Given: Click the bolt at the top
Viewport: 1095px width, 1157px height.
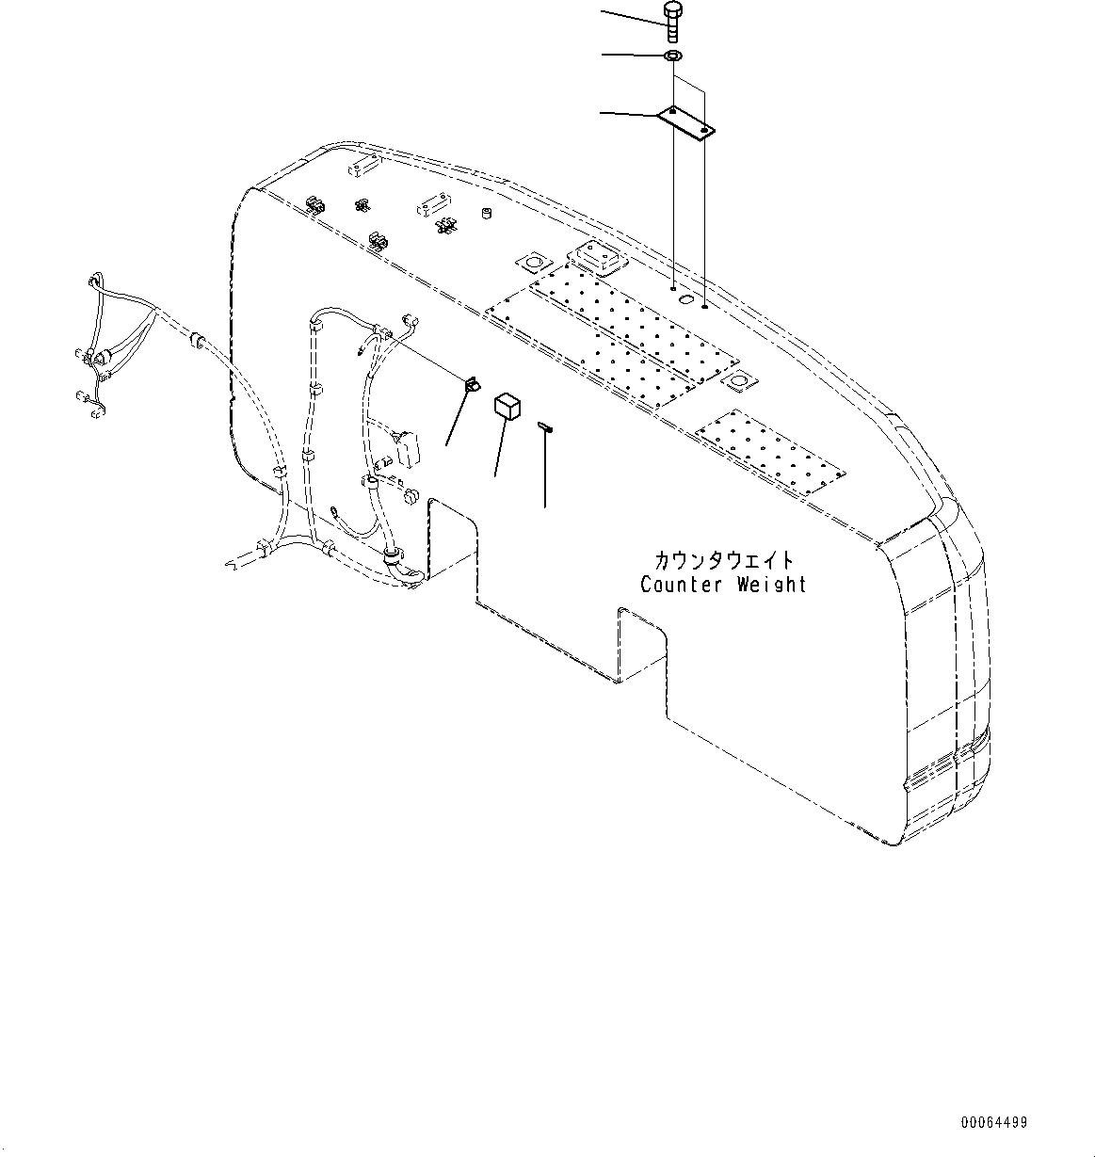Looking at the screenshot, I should (672, 21).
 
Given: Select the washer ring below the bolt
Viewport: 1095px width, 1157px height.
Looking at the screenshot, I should (672, 57).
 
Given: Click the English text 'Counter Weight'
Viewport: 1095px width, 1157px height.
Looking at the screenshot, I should (723, 585).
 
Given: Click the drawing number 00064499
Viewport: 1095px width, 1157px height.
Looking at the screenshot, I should (994, 1122).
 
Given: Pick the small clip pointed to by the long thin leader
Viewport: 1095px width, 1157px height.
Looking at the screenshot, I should (470, 384).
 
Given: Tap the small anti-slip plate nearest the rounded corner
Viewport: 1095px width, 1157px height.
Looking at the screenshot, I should (769, 455).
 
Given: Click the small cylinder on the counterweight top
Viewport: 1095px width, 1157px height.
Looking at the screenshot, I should (488, 216).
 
